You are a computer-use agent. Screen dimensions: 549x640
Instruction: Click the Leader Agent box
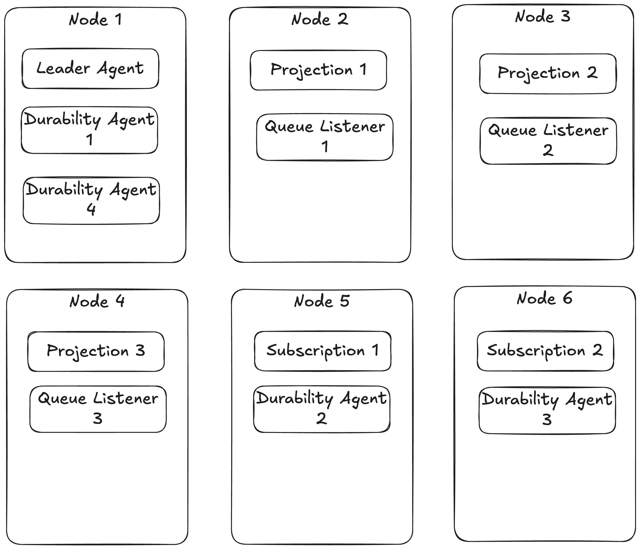tap(90, 69)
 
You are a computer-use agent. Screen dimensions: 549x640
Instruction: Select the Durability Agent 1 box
tap(90, 130)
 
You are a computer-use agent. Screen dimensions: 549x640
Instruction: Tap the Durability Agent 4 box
tap(91, 200)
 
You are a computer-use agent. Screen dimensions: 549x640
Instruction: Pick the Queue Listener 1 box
tap(325, 137)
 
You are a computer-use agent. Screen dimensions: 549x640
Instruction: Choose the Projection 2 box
tap(548, 74)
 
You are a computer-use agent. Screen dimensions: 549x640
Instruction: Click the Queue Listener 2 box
tap(548, 141)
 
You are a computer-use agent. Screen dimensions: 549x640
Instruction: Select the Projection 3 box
tap(96, 351)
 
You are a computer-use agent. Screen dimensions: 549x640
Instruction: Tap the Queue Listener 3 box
tap(98, 409)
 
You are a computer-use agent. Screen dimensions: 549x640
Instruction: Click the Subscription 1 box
tap(322, 351)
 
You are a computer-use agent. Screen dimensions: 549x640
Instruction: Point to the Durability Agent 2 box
tap(322, 409)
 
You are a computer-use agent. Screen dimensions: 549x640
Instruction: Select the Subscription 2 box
tap(545, 351)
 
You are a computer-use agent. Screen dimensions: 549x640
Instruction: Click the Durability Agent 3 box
tap(547, 410)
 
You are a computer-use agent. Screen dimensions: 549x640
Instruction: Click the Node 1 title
tap(96, 20)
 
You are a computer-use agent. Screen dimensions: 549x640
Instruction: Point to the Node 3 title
tap(543, 16)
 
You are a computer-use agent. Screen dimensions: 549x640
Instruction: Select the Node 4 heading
tap(97, 301)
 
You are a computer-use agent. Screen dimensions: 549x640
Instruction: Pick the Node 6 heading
tap(544, 298)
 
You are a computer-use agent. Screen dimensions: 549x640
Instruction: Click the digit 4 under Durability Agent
tap(91, 209)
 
